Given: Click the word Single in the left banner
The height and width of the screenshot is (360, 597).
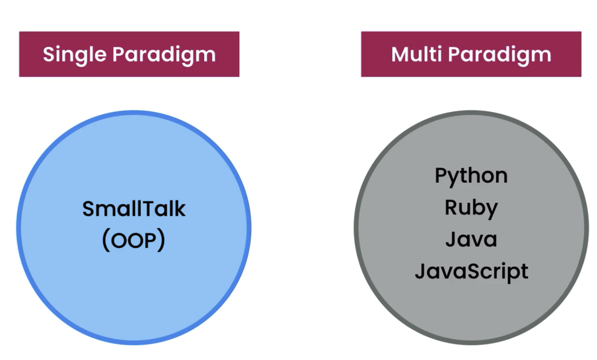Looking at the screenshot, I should click(75, 55).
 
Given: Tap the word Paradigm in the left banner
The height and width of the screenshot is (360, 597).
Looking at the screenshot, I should click(164, 55).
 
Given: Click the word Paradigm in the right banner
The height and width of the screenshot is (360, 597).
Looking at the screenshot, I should click(500, 55).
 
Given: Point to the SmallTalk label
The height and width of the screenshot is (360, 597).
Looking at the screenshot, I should click(134, 209).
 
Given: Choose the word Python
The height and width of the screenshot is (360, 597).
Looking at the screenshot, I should click(471, 176).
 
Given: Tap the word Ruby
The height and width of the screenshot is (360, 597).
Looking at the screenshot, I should click(471, 208).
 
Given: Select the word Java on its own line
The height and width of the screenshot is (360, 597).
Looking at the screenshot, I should click(471, 239).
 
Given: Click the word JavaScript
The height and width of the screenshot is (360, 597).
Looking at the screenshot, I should click(471, 271).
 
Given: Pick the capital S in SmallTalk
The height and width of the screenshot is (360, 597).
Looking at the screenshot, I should click(88, 209).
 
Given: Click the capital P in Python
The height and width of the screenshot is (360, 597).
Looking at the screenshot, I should click(441, 175).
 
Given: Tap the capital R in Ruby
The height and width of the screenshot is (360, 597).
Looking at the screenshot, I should click(451, 208).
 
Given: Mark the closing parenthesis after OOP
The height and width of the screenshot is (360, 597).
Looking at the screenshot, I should click(162, 241).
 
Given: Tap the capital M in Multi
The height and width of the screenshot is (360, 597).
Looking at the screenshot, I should click(401, 55).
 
